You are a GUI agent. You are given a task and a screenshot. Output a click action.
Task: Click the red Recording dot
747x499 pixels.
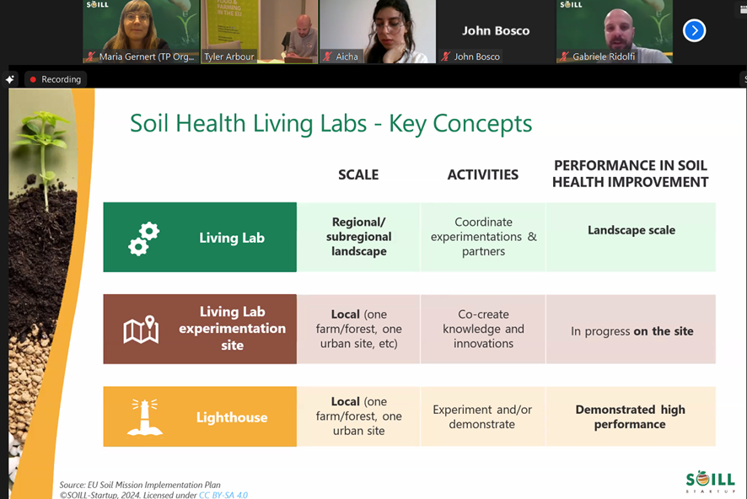tap(33, 79)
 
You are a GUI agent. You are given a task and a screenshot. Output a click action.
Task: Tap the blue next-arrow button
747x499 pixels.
tap(694, 30)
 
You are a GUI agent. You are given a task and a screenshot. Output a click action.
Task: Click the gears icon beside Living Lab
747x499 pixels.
tap(144, 239)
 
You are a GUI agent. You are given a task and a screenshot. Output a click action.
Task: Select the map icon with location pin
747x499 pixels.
tap(141, 329)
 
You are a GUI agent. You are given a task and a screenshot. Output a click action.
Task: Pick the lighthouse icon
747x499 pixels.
tap(145, 417)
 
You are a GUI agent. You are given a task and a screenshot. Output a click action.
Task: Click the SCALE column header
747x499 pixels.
tap(358, 174)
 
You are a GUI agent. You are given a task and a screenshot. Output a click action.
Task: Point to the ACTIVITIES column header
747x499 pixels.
tap(482, 174)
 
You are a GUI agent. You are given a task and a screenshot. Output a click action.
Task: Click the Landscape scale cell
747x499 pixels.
tap(631, 237)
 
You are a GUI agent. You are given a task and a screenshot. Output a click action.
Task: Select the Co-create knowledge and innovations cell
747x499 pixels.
tap(483, 329)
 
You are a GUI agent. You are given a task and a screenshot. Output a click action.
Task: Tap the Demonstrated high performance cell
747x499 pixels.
tap(631, 416)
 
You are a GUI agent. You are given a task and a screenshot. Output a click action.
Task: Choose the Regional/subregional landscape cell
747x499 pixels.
tap(358, 237)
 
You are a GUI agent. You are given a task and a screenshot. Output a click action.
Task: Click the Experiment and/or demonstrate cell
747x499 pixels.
tap(483, 416)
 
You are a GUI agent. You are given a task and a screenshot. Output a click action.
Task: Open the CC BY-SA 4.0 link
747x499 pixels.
tap(223, 495)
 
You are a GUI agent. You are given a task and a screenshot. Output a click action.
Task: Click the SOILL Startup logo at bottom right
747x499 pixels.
tap(710, 481)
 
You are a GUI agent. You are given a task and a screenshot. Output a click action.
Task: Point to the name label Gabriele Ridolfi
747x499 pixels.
tap(604, 56)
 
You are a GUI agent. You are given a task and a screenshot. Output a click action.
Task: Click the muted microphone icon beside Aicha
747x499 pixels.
tap(327, 56)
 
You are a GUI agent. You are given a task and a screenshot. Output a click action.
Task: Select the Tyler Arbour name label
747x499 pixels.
tap(229, 56)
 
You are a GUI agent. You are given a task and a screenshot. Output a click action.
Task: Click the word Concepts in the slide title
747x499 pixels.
tap(482, 124)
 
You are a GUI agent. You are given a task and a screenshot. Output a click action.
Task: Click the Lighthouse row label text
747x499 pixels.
tap(232, 417)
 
